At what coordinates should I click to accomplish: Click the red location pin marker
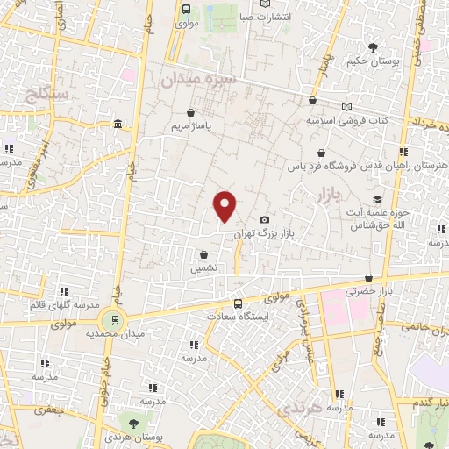pyautogui.click(x=225, y=205)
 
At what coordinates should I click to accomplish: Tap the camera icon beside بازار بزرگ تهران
pyautogui.click(x=265, y=219)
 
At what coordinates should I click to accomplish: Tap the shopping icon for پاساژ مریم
pyautogui.click(x=192, y=112)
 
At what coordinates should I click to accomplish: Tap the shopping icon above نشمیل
pyautogui.click(x=204, y=254)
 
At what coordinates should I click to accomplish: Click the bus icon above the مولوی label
pyautogui.click(x=185, y=9)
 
